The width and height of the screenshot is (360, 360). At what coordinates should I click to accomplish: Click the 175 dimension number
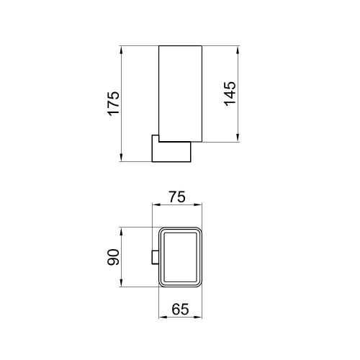click(114, 103)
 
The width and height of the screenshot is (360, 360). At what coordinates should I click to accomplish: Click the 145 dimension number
click(230, 94)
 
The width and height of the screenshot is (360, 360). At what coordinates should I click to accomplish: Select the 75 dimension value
click(177, 197)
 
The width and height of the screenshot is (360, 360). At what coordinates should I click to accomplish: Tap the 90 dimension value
click(113, 257)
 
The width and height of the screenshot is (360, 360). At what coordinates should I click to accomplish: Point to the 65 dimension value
click(180, 309)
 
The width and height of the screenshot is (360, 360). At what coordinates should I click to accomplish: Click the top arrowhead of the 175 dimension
click(121, 50)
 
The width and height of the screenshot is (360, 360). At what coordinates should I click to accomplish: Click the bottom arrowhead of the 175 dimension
click(121, 158)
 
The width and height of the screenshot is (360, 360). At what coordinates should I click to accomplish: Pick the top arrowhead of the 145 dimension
click(238, 50)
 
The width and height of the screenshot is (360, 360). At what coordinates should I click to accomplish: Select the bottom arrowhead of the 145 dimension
click(238, 138)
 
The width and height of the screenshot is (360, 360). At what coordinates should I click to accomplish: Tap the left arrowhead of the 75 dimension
click(156, 204)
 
